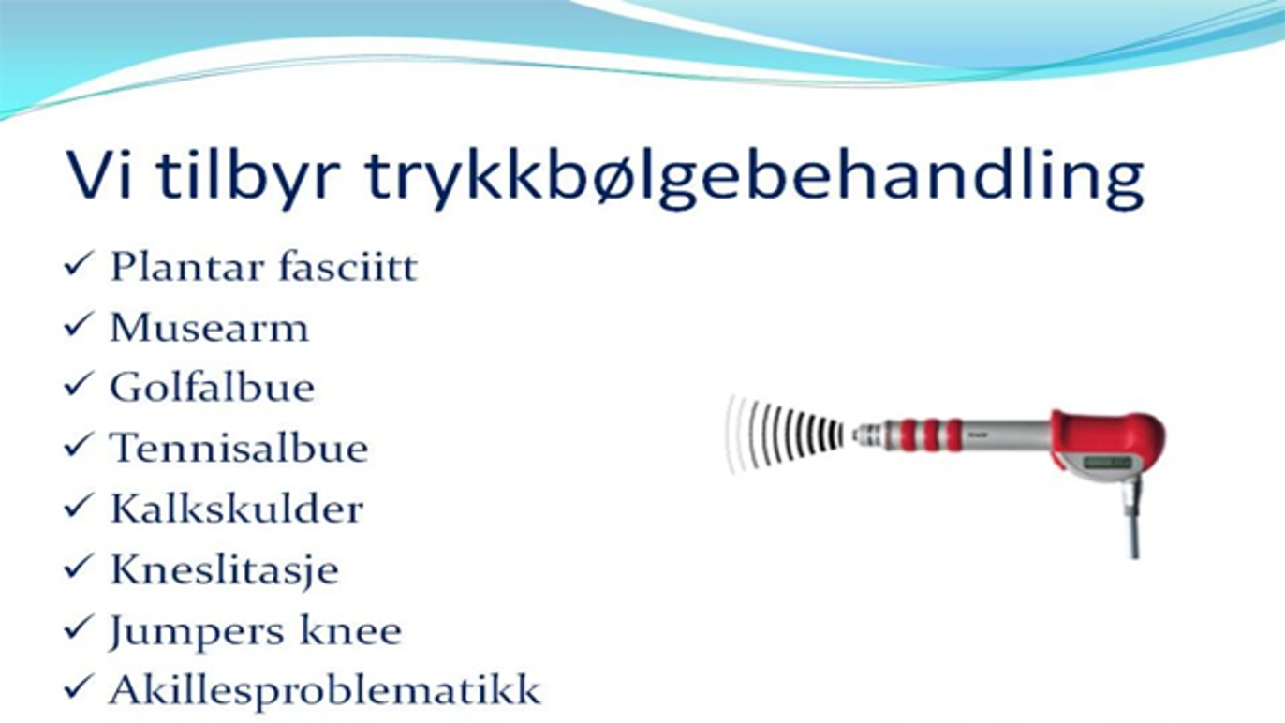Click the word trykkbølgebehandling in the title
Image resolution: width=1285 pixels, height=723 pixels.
tap(754, 177)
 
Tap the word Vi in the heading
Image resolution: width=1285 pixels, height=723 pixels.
tap(99, 174)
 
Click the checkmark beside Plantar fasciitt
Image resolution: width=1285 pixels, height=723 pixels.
tap(78, 264)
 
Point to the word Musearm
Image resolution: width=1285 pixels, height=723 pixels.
tap(210, 328)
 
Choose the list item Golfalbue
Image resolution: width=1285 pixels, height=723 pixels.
tap(213, 387)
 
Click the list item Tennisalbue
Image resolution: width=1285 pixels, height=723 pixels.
tap(239, 448)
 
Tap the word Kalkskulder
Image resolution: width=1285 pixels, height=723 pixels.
tap(237, 509)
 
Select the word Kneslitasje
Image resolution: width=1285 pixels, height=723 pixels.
tap(224, 570)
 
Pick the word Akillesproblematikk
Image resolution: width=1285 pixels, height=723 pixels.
tap(325, 689)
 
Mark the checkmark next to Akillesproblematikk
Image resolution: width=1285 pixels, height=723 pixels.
tap(78, 686)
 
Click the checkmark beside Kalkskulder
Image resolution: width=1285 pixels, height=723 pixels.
tap(78, 506)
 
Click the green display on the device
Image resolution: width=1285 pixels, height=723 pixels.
tap(1107, 463)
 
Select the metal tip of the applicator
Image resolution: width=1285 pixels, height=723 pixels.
tap(867, 435)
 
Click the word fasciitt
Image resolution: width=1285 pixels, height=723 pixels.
tap(347, 266)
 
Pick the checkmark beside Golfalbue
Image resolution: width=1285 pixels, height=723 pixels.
tap(78, 385)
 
